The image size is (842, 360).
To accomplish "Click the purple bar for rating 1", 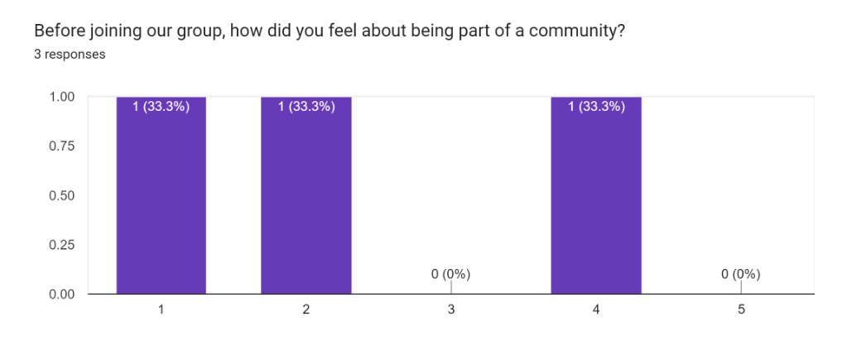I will click(161, 199).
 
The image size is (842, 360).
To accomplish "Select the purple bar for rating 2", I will click(306, 199).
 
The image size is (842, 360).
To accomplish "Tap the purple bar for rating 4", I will click(596, 199).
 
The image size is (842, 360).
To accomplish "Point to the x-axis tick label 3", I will click(451, 310).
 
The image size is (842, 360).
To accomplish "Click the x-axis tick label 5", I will click(741, 310).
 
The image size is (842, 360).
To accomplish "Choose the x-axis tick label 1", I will click(161, 310).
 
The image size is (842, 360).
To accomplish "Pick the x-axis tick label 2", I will click(306, 310).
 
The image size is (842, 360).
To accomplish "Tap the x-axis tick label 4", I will click(596, 310).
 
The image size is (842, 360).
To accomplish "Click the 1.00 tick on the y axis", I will click(62, 97).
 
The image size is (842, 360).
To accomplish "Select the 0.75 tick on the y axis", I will click(62, 146).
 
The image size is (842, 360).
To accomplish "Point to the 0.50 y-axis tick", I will click(62, 195).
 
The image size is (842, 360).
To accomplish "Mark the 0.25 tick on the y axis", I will click(62, 245).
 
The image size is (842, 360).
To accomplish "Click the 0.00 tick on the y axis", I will click(62, 294).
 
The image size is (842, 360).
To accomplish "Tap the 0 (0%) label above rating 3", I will click(451, 274).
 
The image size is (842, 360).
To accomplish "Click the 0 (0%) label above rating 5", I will click(741, 274).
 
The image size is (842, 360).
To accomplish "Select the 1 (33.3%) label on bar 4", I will click(596, 106).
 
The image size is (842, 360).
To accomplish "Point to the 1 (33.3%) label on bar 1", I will click(161, 106).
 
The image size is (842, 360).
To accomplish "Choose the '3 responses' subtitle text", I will click(69, 55).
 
